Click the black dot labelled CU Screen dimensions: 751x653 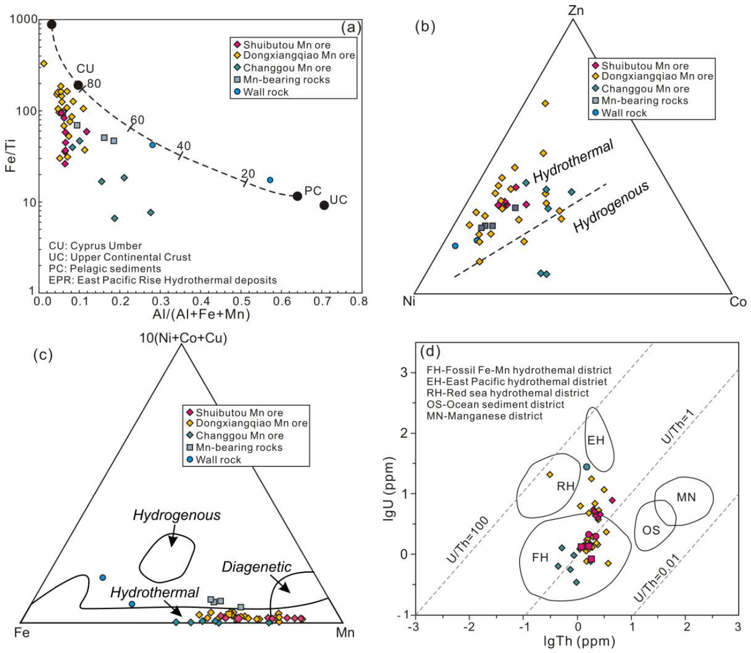(x=78, y=85)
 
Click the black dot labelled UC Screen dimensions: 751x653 (x=324, y=206)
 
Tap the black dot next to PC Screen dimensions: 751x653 (x=297, y=196)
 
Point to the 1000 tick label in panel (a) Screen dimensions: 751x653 (x=23, y=19)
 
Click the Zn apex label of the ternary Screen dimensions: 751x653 (x=576, y=10)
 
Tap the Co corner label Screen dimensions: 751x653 (x=738, y=302)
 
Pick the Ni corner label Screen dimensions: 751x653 (x=409, y=301)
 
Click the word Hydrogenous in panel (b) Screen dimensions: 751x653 (x=611, y=207)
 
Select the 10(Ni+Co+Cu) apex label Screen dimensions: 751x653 (x=183, y=338)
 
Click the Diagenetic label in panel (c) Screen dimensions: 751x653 (x=256, y=567)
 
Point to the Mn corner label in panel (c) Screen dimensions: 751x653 (x=345, y=633)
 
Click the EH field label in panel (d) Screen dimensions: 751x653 (x=595, y=440)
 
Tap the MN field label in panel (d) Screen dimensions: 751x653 (x=686, y=497)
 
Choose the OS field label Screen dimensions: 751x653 (x=651, y=530)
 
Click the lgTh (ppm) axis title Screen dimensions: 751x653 (x=579, y=641)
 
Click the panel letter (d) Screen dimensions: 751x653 (x=430, y=351)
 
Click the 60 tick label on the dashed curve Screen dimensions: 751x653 (x=137, y=120)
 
